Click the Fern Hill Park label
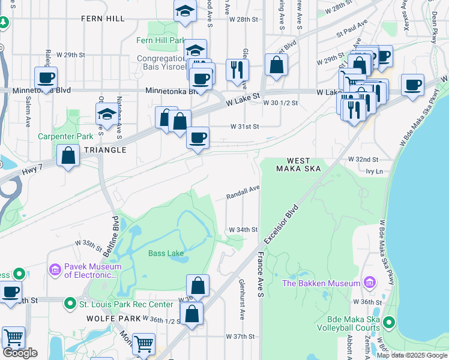pyautogui.click(x=160, y=40)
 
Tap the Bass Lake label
pyautogui.click(x=166, y=253)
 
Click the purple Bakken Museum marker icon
pyautogui.click(x=370, y=283)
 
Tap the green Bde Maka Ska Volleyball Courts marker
pyautogui.click(x=389, y=323)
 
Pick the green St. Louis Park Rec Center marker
pyautogui.click(x=70, y=304)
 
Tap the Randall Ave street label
pyautogui.click(x=243, y=193)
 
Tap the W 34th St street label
pyautogui.click(x=243, y=230)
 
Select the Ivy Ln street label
pyautogui.click(x=373, y=171)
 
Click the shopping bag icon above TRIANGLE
pyautogui.click(x=69, y=155)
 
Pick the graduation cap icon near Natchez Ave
pyautogui.click(x=106, y=113)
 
